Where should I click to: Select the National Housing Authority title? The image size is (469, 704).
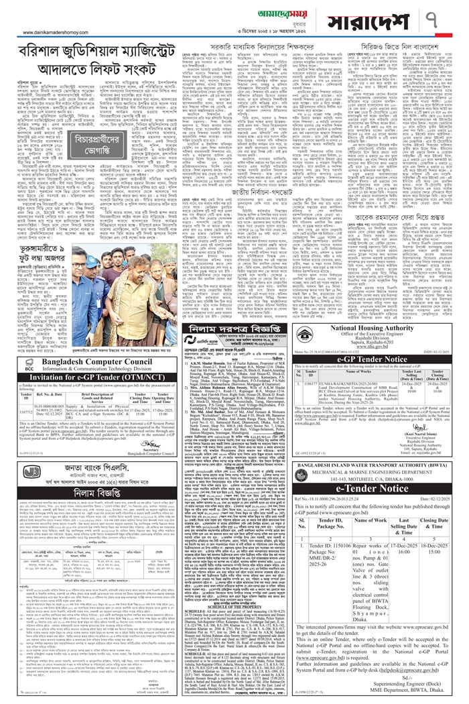pyautogui.click(x=368, y=347)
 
